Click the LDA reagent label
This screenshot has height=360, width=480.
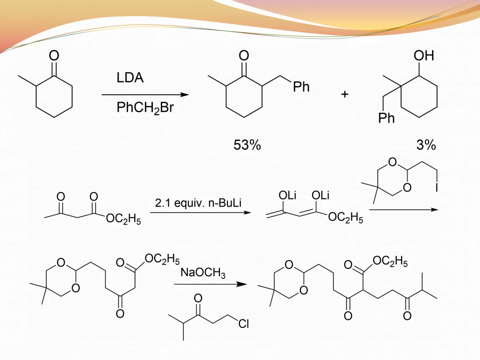pyautogui.click(x=130, y=78)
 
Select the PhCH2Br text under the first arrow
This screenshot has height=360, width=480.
pyautogui.click(x=145, y=108)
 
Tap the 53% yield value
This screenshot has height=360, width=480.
pyautogui.click(x=247, y=145)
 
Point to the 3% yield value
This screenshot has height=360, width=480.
pyautogui.click(x=426, y=145)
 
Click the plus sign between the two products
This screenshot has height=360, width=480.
pyautogui.click(x=344, y=94)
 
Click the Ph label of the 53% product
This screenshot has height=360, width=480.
pyautogui.click(x=301, y=87)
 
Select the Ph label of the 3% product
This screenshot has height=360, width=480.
pyautogui.click(x=386, y=119)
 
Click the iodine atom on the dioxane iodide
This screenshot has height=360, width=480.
pyautogui.click(x=436, y=188)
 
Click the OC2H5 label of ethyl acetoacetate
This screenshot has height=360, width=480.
pyautogui.click(x=124, y=220)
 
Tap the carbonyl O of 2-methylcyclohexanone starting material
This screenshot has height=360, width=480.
pyautogui.click(x=54, y=56)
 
